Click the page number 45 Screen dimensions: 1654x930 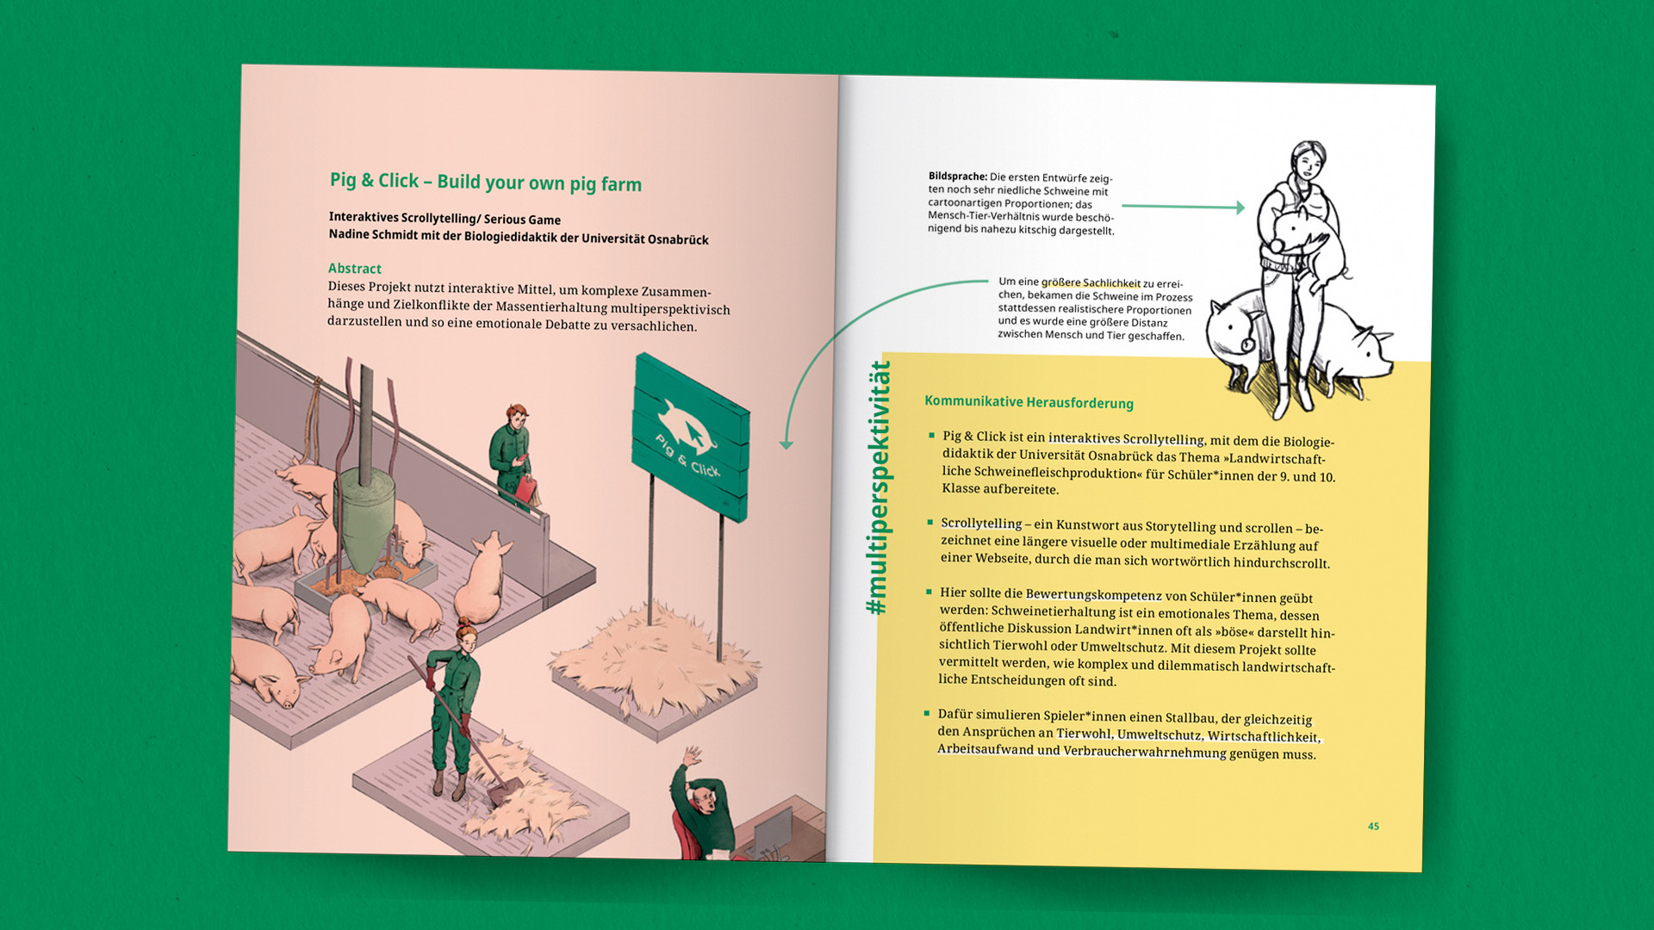1373,827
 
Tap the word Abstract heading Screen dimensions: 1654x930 354,269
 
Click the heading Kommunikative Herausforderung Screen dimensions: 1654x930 1029,402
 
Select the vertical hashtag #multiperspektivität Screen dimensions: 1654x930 878,487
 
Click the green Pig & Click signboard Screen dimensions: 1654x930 691,437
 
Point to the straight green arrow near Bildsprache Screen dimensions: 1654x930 1183,207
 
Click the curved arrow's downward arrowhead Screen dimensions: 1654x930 786,444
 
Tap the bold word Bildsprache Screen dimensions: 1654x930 957,177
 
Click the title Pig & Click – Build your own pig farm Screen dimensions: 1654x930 486,182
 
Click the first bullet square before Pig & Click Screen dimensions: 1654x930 931,436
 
